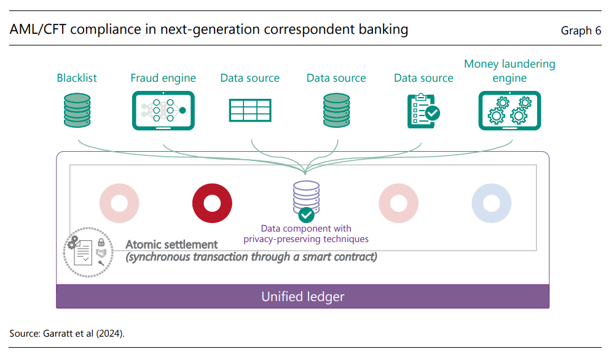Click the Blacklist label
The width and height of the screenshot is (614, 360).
77,78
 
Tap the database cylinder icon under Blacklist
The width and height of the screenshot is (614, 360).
77,111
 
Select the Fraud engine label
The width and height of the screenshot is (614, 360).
163,78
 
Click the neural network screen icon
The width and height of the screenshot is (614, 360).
163,111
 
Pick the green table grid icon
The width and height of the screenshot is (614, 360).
250,111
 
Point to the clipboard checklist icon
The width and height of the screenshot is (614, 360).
423,111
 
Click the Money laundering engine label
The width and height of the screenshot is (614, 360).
510,71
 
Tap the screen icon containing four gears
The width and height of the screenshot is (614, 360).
510,111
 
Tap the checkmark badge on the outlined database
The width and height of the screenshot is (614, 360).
306,215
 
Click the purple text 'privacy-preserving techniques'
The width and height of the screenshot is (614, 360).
306,239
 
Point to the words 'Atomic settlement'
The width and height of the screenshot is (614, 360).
171,245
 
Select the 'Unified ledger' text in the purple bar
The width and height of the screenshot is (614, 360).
302,297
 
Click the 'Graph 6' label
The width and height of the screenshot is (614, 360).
581,31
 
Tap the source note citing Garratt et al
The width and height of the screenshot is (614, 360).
67,334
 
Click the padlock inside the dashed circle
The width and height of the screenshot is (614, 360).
101,242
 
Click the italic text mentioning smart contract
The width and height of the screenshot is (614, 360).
251,257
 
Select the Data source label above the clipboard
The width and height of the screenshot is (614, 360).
423,78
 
